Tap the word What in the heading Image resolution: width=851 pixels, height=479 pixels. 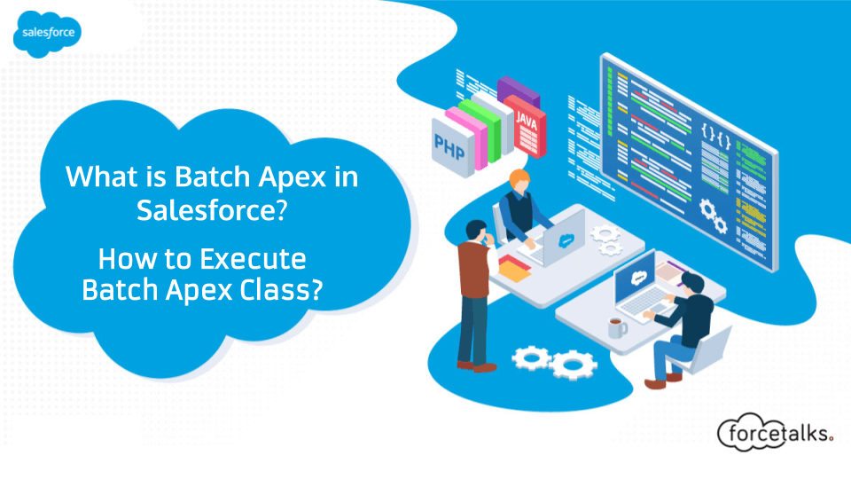(96, 177)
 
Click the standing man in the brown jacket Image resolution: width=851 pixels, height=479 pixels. (473, 284)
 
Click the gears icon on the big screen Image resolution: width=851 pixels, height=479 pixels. (710, 211)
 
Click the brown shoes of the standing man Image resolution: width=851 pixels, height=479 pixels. (473, 364)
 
